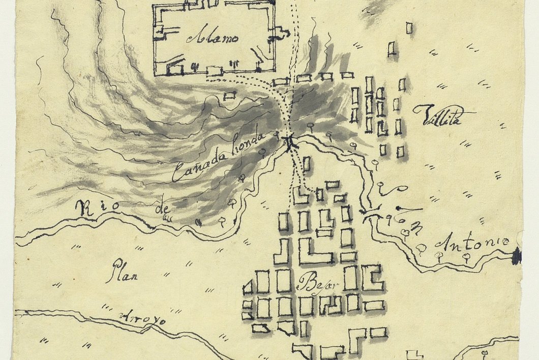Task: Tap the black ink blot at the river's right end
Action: pyautogui.click(x=517, y=256)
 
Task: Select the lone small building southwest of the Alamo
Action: pyautogui.click(x=230, y=95)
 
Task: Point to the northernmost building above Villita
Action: pyautogui.click(x=409, y=28)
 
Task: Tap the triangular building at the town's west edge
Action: pyautogui.click(x=248, y=288)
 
